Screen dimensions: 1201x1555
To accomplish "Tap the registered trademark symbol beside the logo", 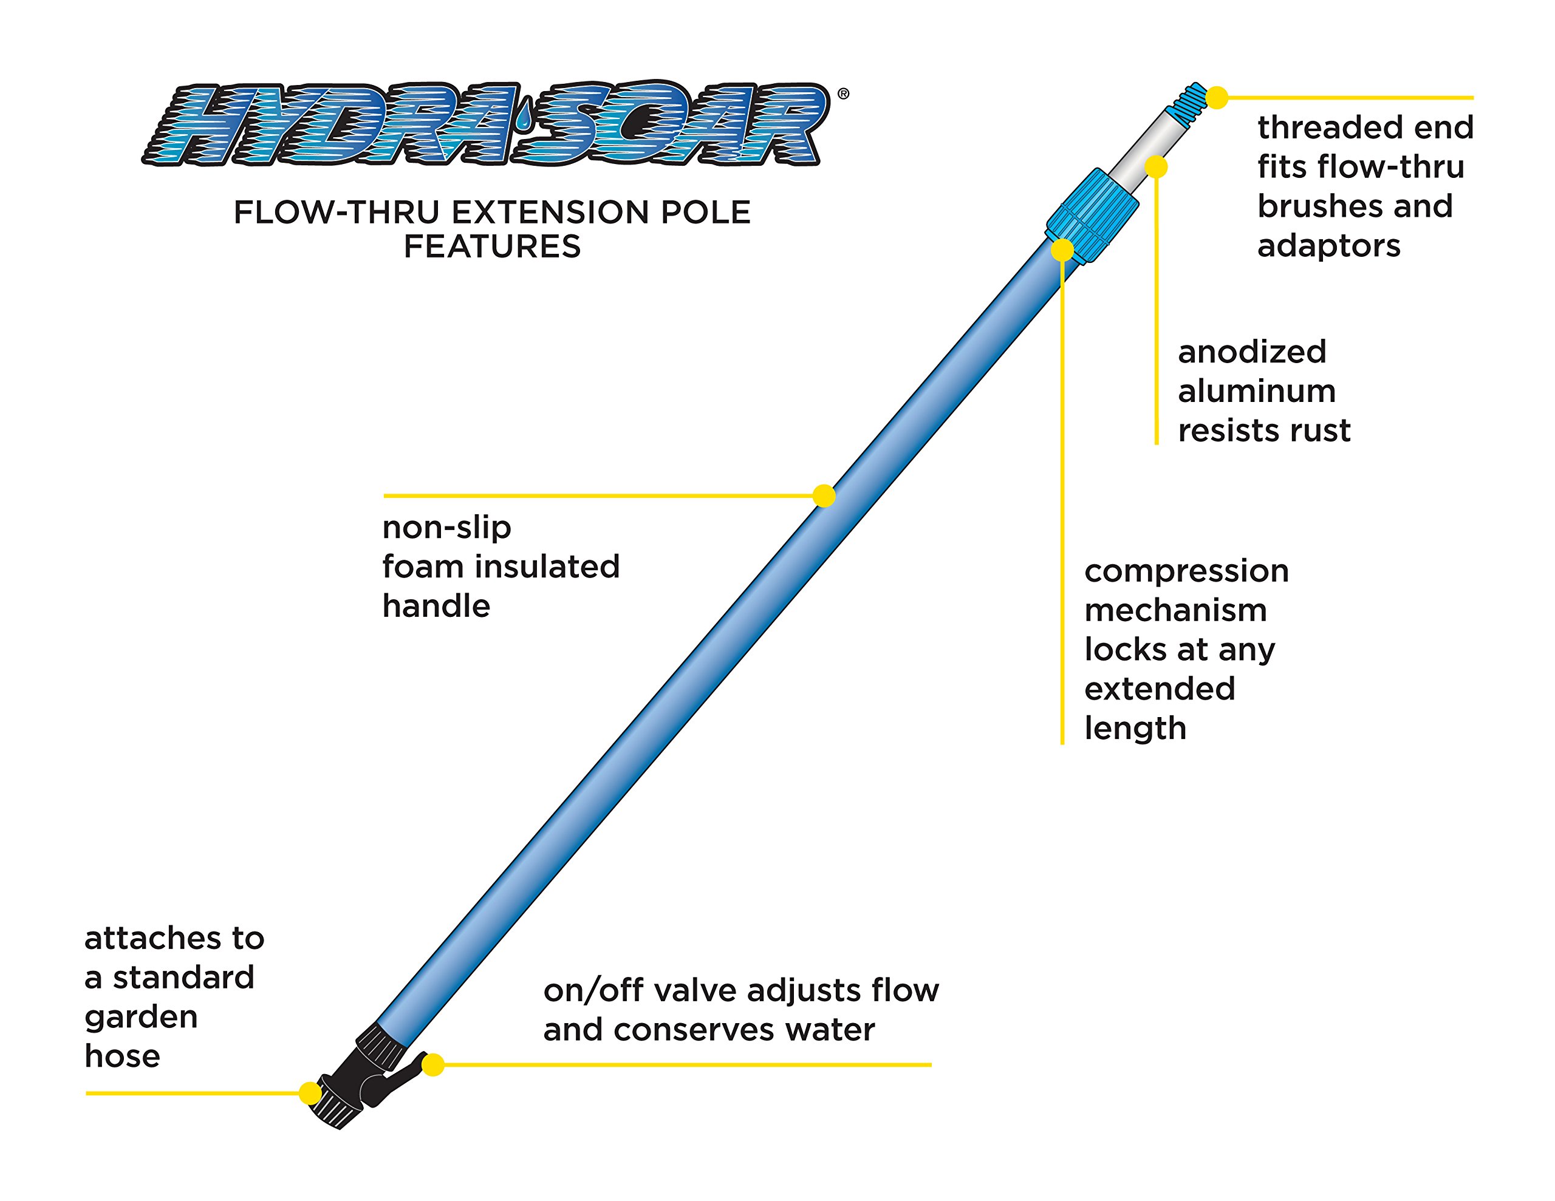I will tap(843, 94).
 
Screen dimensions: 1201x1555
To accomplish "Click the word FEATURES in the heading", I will tap(492, 247).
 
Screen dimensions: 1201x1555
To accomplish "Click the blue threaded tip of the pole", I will tap(1188, 100).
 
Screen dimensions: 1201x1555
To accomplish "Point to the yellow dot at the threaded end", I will tap(1217, 98).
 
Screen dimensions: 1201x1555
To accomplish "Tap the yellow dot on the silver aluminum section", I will tap(1157, 168).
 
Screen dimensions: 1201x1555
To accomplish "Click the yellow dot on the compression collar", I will tap(1062, 250).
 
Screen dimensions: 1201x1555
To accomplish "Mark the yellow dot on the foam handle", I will tap(824, 496).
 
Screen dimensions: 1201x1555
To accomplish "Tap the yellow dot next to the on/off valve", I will tap(433, 1065).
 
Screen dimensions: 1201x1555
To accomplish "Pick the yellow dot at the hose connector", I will tap(310, 1094).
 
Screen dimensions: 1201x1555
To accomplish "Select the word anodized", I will tap(1252, 352).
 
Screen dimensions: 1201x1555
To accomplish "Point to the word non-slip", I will tap(446, 528).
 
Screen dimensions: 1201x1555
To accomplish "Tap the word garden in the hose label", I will tap(141, 1017).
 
